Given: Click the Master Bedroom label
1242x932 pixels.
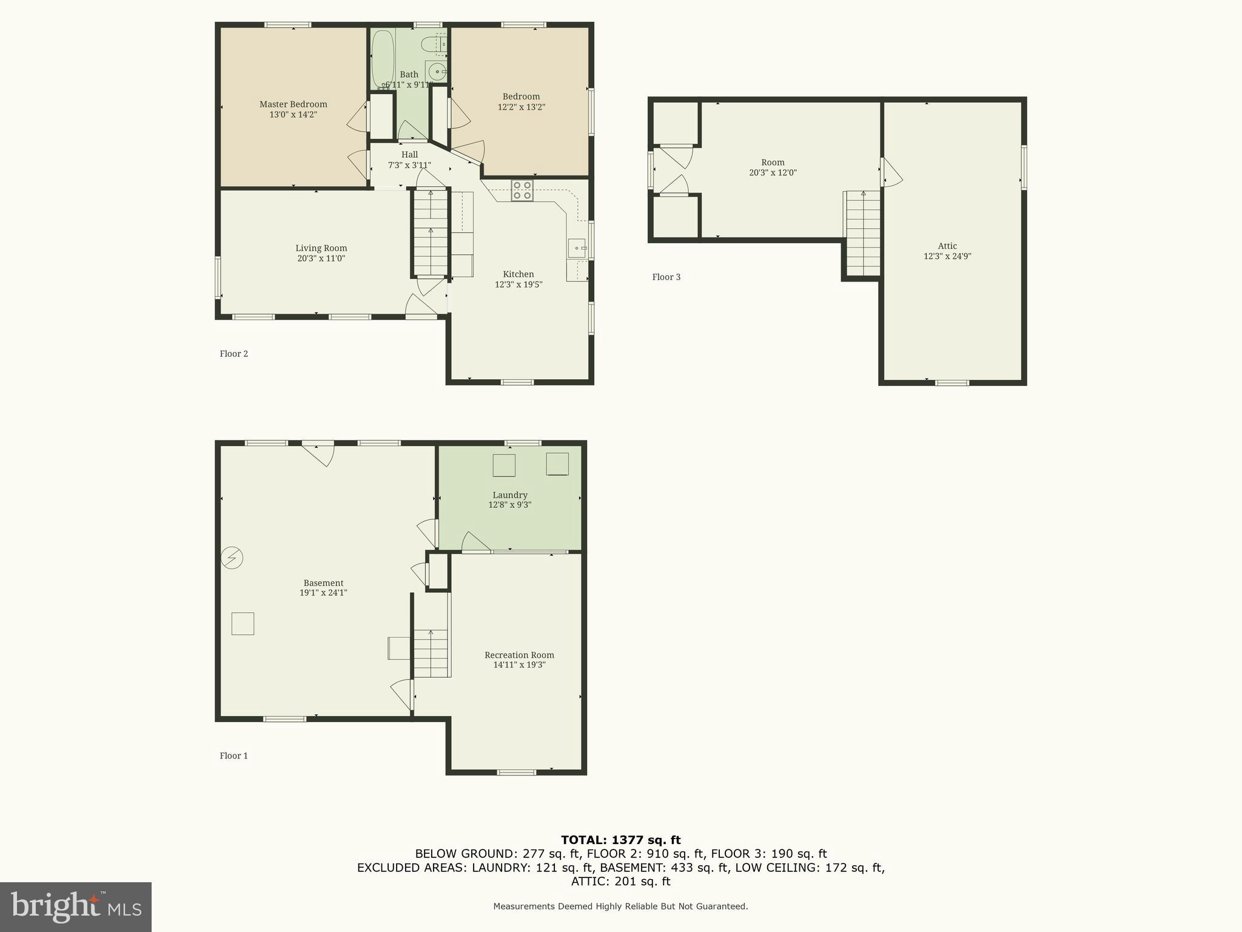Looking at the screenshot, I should click(293, 104).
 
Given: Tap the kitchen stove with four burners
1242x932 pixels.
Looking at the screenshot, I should click(522, 191).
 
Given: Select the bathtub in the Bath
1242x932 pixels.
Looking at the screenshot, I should click(383, 59).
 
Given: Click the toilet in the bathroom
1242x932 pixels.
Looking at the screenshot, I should click(434, 44).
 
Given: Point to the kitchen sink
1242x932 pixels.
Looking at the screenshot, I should click(577, 248).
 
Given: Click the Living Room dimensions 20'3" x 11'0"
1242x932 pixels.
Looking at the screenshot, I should click(321, 258).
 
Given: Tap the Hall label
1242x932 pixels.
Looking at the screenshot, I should click(409, 155).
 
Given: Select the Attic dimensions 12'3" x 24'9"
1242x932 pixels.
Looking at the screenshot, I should click(947, 256).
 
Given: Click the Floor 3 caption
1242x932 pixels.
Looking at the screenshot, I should click(666, 277).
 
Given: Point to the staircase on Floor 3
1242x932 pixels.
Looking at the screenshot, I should click(863, 234).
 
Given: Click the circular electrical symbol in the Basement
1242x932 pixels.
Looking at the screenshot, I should click(232, 557).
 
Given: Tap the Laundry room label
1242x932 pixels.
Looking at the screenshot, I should click(509, 495).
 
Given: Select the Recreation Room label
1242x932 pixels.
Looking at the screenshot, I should click(519, 655).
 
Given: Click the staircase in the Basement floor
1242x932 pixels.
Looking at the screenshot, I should click(431, 653).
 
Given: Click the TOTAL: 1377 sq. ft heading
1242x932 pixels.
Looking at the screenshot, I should click(620, 840).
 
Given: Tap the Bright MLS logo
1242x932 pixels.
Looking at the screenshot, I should click(76, 907).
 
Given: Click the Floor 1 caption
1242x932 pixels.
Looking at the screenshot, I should click(233, 756).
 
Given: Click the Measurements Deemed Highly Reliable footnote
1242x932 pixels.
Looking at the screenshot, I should click(620, 907).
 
